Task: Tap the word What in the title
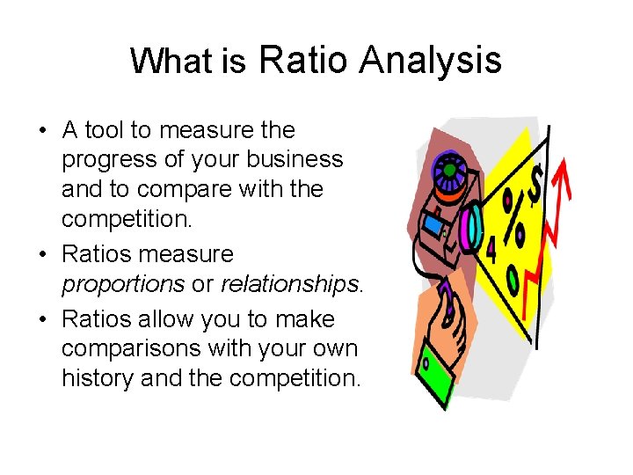point(171,62)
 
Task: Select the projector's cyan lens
point(471,227)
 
